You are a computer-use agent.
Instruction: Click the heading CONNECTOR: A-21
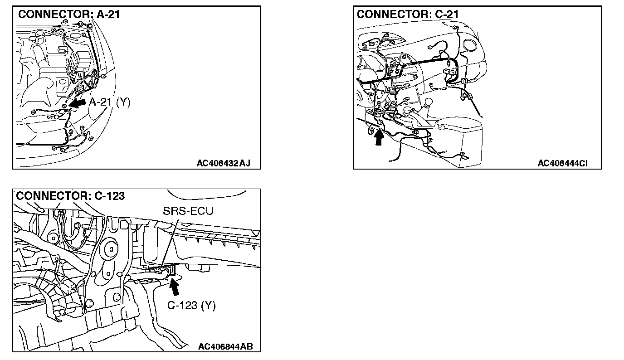(x=68, y=15)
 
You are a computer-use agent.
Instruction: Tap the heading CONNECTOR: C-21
(x=408, y=15)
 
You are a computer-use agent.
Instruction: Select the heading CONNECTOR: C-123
(x=70, y=196)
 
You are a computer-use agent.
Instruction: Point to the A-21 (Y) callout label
(x=109, y=102)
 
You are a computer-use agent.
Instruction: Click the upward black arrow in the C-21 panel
(x=379, y=136)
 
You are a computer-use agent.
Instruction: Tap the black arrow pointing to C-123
(x=174, y=287)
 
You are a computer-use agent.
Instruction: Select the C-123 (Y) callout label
(x=191, y=305)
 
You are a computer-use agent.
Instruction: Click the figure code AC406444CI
(x=562, y=163)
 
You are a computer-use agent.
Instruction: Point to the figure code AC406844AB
(x=225, y=347)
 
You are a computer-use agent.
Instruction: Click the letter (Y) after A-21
(x=122, y=102)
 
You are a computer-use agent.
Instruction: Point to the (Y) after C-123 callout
(x=208, y=305)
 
